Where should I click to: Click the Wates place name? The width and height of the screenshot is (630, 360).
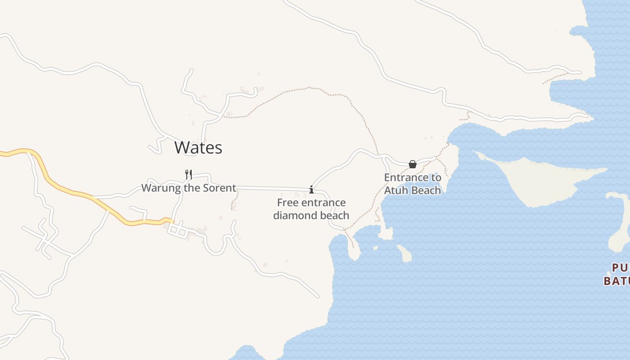click(198, 148)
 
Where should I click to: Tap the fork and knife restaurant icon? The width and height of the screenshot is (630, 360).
click(189, 174)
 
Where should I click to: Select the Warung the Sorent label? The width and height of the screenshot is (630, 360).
click(189, 188)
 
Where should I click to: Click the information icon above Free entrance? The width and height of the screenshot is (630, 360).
click(311, 189)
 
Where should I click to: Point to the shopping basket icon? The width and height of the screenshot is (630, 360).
click(412, 164)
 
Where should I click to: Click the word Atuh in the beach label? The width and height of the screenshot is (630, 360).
click(395, 190)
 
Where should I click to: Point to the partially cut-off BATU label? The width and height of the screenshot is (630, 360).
click(616, 281)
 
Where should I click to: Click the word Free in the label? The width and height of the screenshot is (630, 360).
click(286, 202)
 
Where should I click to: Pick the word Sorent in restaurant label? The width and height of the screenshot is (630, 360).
click(219, 188)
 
